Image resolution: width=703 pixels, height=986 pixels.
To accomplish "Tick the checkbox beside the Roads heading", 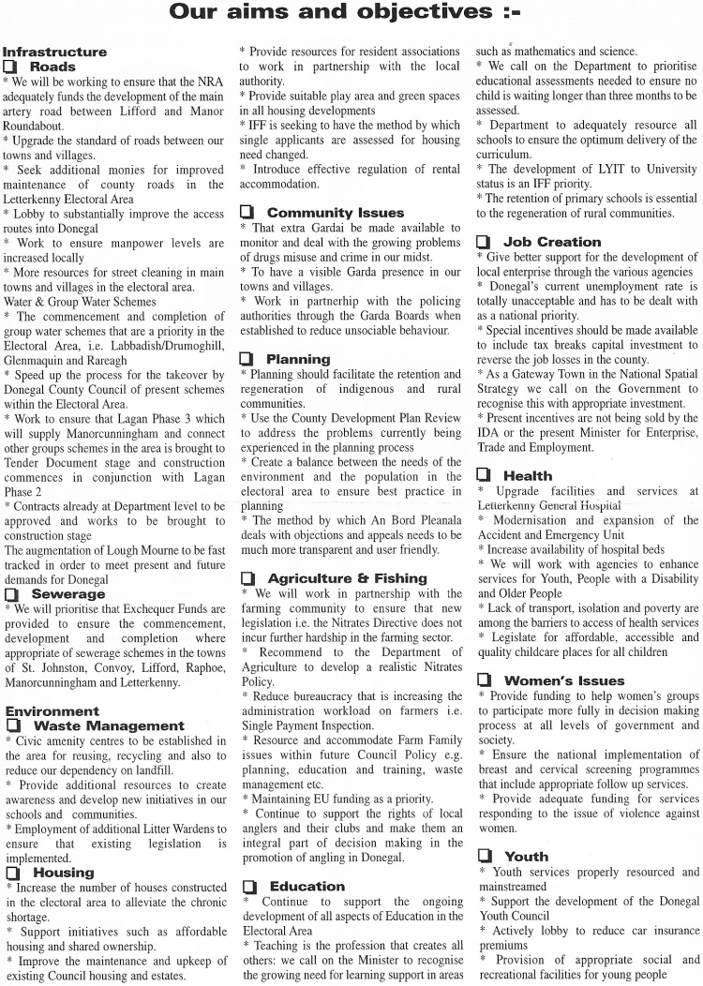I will (11, 67).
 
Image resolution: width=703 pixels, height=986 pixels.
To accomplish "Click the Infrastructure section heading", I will (54, 52).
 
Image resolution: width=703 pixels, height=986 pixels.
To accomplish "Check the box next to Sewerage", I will (11, 594).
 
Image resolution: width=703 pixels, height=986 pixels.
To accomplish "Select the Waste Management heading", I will (108, 725).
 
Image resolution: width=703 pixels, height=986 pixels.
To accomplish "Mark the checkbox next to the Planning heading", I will (247, 359).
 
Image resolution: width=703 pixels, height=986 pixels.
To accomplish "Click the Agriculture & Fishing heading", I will (347, 578).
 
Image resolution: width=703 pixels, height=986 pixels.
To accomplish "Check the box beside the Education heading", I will (247, 886).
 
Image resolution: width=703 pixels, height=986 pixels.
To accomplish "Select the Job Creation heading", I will (552, 242).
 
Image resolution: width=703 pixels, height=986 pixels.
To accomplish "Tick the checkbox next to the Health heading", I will (483, 476).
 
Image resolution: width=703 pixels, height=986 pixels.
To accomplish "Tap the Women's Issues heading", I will (563, 680).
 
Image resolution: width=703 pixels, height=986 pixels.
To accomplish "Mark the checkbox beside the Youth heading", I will (483, 856).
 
